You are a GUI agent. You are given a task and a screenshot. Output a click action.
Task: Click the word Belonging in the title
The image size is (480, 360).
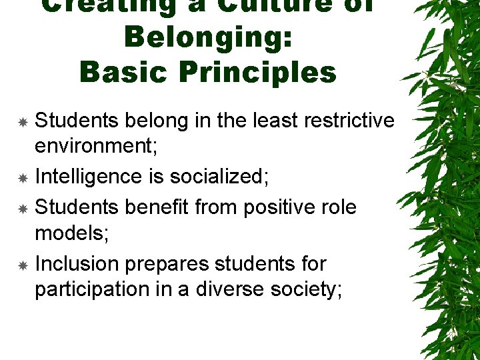tap(208, 37)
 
